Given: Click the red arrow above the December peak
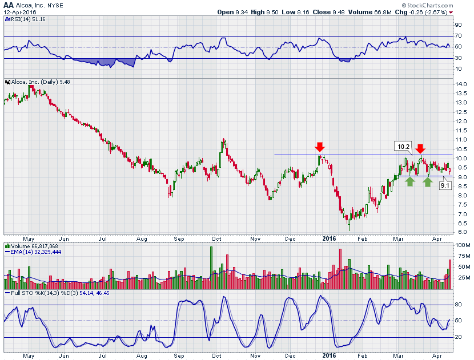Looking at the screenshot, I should pos(319,148).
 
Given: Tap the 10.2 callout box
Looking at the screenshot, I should pos(402,146).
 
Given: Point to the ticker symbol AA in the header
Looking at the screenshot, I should pos(8,5).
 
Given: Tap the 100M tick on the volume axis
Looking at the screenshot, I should pos(461,245).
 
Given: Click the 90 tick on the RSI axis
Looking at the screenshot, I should pos(458,25).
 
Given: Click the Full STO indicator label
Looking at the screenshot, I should pos(17,294).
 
